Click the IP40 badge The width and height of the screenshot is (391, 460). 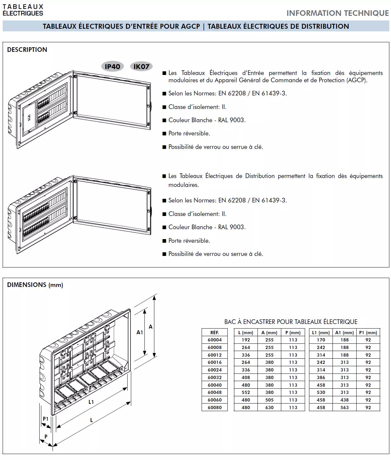tap(112, 67)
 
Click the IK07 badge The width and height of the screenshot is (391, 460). tap(141, 67)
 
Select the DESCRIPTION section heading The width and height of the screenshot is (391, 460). tap(27, 50)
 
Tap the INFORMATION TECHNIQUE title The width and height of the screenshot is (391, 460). tap(337, 13)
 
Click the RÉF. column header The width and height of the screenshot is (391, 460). tap(215, 333)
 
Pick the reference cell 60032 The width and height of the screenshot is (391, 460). tap(215, 377)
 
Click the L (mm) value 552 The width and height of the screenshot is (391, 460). tap(246, 392)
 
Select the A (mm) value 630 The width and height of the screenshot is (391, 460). tap(269, 407)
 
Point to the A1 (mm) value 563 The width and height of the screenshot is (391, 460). tap(344, 407)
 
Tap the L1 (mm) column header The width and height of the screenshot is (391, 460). tap(321, 333)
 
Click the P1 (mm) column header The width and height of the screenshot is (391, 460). tap(368, 333)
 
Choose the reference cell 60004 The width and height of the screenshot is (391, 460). tap(215, 340)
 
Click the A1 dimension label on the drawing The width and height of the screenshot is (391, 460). tap(140, 332)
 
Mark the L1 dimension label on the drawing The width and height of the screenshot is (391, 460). tap(91, 402)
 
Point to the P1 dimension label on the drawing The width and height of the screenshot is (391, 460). tap(46, 419)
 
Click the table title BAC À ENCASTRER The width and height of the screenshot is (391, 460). tap(291, 322)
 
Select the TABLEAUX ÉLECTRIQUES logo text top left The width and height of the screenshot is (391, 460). tap(23, 10)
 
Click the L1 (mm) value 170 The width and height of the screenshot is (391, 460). tap(321, 340)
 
